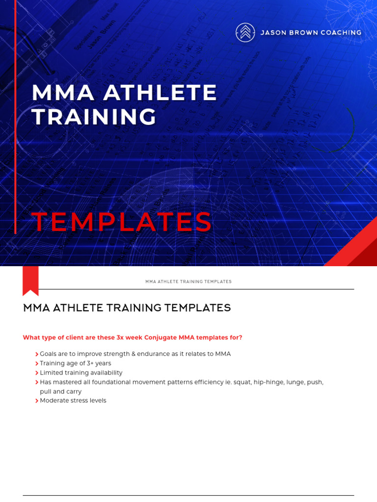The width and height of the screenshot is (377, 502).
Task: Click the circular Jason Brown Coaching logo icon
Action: pyautogui.click(x=245, y=32)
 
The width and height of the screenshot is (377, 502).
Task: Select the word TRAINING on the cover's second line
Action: pyautogui.click(x=94, y=117)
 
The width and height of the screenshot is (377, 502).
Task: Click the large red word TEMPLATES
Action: pyautogui.click(x=122, y=222)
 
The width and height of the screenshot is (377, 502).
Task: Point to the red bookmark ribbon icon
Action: pyautogui.click(x=30, y=281)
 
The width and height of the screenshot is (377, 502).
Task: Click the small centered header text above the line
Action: pyautogui.click(x=188, y=282)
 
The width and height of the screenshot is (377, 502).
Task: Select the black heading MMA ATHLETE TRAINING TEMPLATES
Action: pyautogui.click(x=127, y=308)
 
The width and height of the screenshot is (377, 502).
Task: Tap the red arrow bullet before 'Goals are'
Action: pyautogui.click(x=37, y=354)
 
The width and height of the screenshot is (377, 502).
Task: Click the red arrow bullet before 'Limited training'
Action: pyautogui.click(x=37, y=373)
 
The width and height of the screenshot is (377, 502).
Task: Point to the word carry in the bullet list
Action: pyautogui.click(x=73, y=391)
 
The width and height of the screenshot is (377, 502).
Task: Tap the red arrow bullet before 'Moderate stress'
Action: pyautogui.click(x=37, y=401)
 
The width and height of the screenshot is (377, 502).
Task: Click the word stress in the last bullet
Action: pyautogui.click(x=80, y=401)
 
